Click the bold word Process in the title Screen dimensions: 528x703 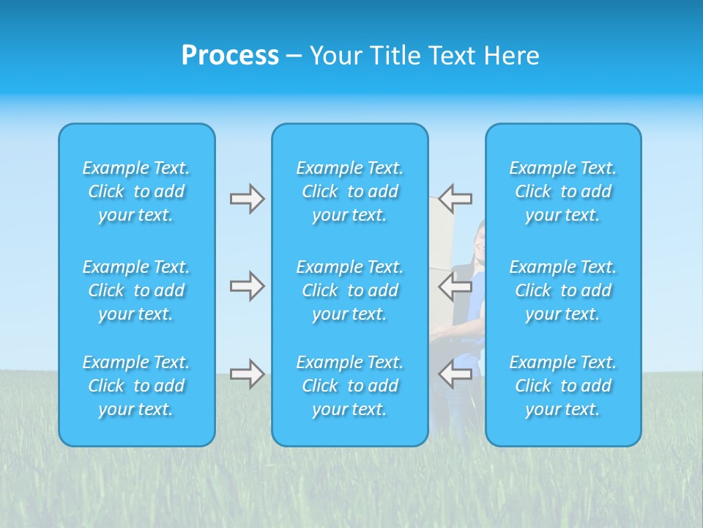230,56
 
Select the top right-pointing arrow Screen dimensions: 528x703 247,199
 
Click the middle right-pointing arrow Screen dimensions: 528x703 247,286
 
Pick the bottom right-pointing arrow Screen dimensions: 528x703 247,374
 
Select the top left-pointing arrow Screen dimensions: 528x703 455,199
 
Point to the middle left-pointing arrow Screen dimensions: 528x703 455,286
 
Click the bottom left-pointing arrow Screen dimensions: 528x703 455,374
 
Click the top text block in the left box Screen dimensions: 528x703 136,191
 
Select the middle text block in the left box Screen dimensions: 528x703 136,290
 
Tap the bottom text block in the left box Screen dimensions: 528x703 136,386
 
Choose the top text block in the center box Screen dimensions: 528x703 350,191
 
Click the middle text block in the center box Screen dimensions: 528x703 350,290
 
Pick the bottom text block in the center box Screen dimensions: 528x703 350,386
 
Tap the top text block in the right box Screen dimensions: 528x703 563,191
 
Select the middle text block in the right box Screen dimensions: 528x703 563,290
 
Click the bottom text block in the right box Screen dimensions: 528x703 563,386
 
